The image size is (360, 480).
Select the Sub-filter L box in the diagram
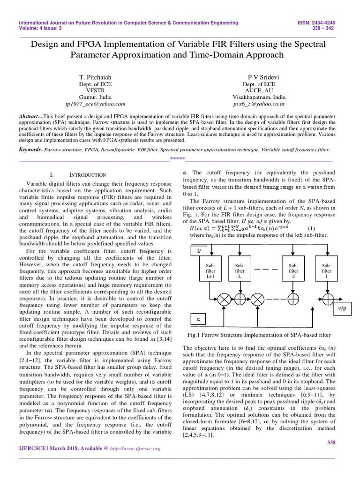pyautogui.click(x=240, y=270)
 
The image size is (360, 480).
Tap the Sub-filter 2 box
pyautogui.click(x=293, y=270)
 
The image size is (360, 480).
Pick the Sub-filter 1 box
pyautogui.click(x=326, y=270)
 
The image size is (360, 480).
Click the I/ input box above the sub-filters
pyautogui.click(x=198, y=252)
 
